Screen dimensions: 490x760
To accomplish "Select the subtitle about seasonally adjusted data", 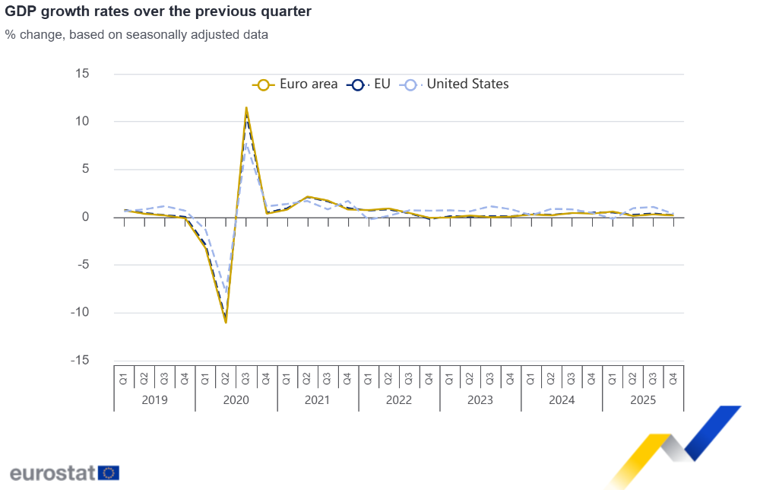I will pyautogui.click(x=136, y=34).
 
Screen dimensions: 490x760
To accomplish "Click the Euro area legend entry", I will pyautogui.click(x=296, y=84).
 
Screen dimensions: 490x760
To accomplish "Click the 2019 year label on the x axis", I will pyautogui.click(x=154, y=400).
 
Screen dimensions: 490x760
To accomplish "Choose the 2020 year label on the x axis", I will pyautogui.click(x=236, y=400).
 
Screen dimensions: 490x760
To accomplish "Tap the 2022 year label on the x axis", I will pyautogui.click(x=399, y=400).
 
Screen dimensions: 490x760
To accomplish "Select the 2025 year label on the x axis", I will pyautogui.click(x=643, y=400).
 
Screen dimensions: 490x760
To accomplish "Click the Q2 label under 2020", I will pyautogui.click(x=226, y=377).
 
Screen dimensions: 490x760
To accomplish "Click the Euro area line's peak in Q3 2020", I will pyautogui.click(x=246, y=108).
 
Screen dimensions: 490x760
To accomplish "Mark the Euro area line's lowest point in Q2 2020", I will pyautogui.click(x=226, y=322).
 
